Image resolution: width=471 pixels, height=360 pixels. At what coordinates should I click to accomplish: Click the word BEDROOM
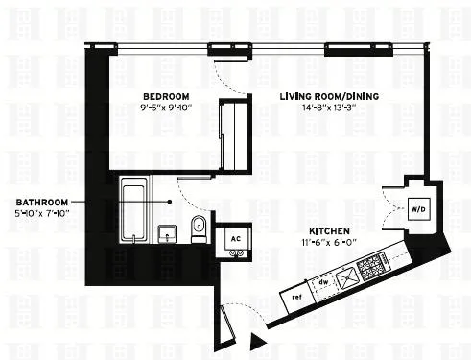coord(166,96)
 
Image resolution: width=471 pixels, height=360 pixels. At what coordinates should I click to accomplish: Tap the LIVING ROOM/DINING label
coord(322,96)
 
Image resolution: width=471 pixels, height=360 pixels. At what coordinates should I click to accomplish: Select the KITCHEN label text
coord(328,230)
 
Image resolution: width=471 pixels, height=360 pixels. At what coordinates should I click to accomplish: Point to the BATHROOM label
coord(41,202)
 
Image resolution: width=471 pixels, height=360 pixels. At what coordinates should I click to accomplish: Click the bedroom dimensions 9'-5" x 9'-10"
coord(166,108)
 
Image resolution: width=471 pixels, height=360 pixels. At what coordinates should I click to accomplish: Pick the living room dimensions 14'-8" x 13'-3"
coord(322,108)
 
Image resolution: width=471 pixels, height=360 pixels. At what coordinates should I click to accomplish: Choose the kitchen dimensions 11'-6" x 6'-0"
coord(328,243)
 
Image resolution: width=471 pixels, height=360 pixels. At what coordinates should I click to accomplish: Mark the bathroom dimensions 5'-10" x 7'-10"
coord(41,213)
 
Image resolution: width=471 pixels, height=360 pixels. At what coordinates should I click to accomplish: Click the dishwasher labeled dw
coord(323,282)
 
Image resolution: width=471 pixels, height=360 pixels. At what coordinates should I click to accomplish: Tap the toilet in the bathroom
coord(199,228)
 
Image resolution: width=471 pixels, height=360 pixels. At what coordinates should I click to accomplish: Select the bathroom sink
coord(167,233)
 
